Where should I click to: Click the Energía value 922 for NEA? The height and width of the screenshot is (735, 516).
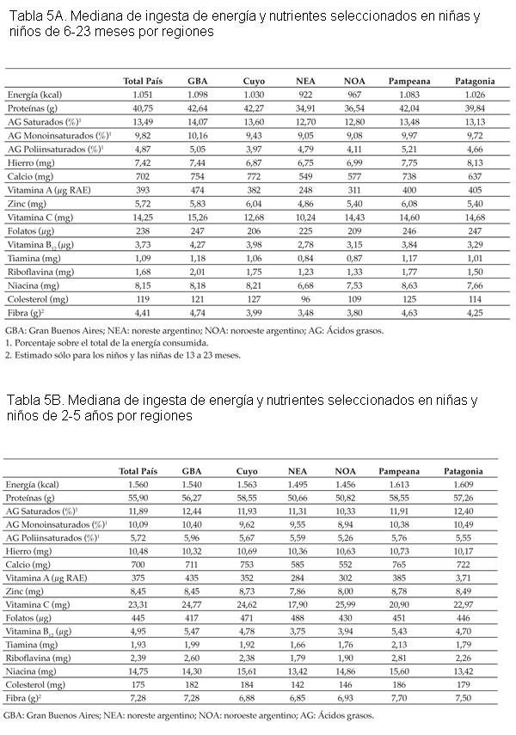(306, 94)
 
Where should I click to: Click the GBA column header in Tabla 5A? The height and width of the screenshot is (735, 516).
(198, 81)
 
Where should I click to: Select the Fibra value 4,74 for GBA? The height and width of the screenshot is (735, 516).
(198, 312)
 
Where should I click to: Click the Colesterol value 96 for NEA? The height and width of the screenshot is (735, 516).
(306, 298)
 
